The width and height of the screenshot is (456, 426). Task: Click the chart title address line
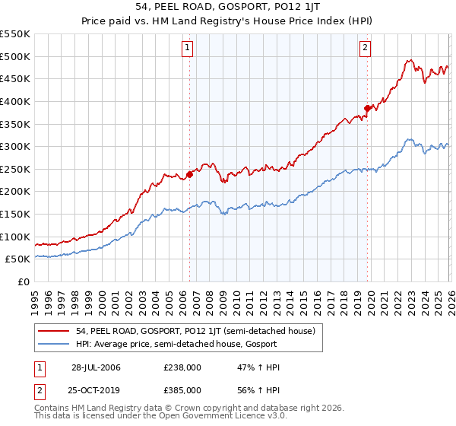click(x=227, y=8)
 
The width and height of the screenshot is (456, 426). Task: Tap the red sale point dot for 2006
click(x=189, y=174)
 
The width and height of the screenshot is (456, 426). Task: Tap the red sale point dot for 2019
click(x=367, y=108)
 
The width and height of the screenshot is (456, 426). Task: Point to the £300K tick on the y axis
click(x=15, y=146)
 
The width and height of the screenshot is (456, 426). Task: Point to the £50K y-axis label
click(x=17, y=259)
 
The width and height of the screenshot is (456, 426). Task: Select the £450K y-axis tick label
click(x=15, y=78)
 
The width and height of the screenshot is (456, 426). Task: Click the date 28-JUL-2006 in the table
click(x=96, y=367)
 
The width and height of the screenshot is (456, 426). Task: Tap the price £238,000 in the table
click(x=182, y=367)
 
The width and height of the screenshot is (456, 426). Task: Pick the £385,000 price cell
click(x=182, y=389)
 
